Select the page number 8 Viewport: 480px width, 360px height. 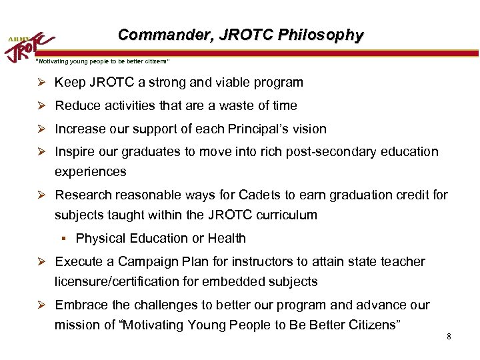pyautogui.click(x=449, y=336)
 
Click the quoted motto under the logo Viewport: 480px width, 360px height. pyautogui.click(x=102, y=61)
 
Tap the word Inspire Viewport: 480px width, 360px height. pyautogui.click(x=75, y=151)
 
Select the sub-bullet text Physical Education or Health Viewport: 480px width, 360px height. pyautogui.click(x=161, y=238)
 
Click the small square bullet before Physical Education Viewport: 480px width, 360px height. pyautogui.click(x=67, y=238)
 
